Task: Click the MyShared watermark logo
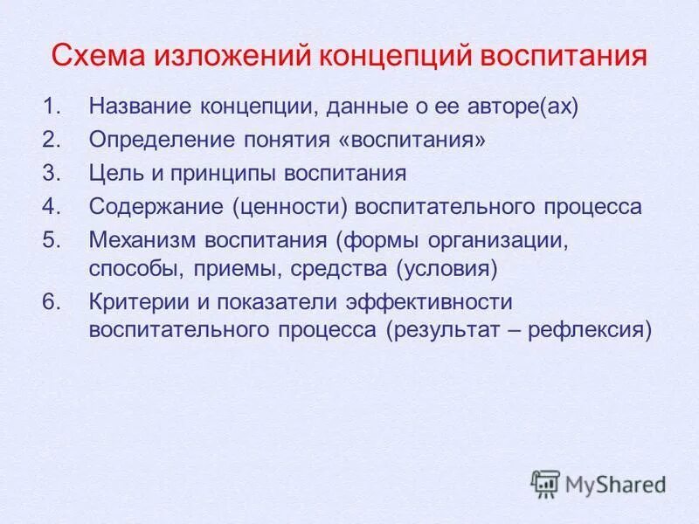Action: coord(599,484)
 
